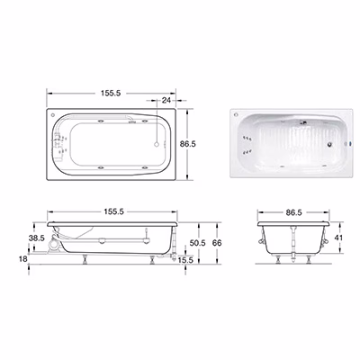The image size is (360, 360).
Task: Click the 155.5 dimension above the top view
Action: tap(111, 93)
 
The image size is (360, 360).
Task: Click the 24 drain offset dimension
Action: tap(166, 100)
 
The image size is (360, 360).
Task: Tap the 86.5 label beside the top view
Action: tap(188, 144)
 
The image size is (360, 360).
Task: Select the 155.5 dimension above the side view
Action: tap(114, 211)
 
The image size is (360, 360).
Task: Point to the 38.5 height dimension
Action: tap(37, 238)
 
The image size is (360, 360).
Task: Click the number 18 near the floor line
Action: tap(23, 259)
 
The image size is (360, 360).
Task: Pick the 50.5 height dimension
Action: tap(197, 243)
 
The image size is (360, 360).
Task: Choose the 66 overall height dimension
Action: tap(217, 243)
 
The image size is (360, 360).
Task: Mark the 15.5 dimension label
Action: tap(185, 260)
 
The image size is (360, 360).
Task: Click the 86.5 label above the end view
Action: tap(293, 212)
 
